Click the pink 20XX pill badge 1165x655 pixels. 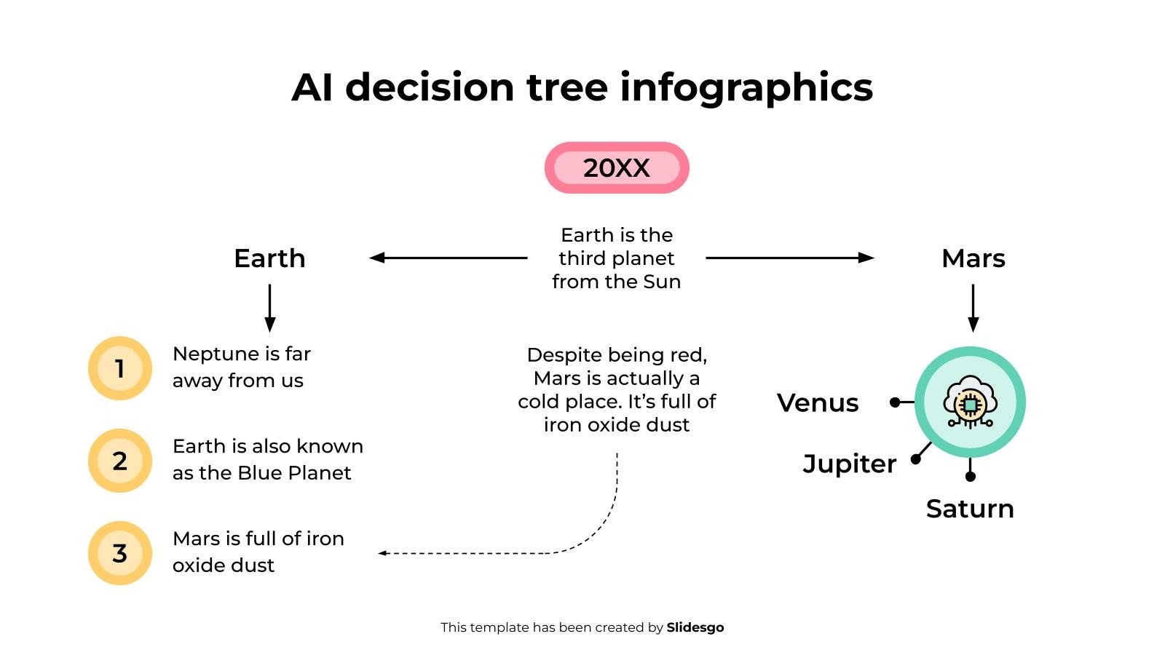[617, 168]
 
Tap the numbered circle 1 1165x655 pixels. [120, 368]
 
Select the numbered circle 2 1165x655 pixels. [120, 461]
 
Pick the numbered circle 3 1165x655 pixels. [120, 553]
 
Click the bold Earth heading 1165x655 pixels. [269, 258]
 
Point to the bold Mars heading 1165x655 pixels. [973, 258]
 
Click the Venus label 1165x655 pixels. [818, 402]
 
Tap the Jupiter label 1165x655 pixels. [849, 464]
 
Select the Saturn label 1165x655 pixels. [970, 509]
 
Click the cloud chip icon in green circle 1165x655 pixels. [970, 402]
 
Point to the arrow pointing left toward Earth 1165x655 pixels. [448, 258]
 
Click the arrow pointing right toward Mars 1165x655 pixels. [790, 258]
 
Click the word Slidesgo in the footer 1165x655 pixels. [695, 627]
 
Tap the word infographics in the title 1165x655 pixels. [746, 87]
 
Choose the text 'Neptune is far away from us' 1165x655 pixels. [241, 367]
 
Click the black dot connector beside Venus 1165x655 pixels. [895, 402]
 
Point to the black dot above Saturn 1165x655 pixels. [970, 477]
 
